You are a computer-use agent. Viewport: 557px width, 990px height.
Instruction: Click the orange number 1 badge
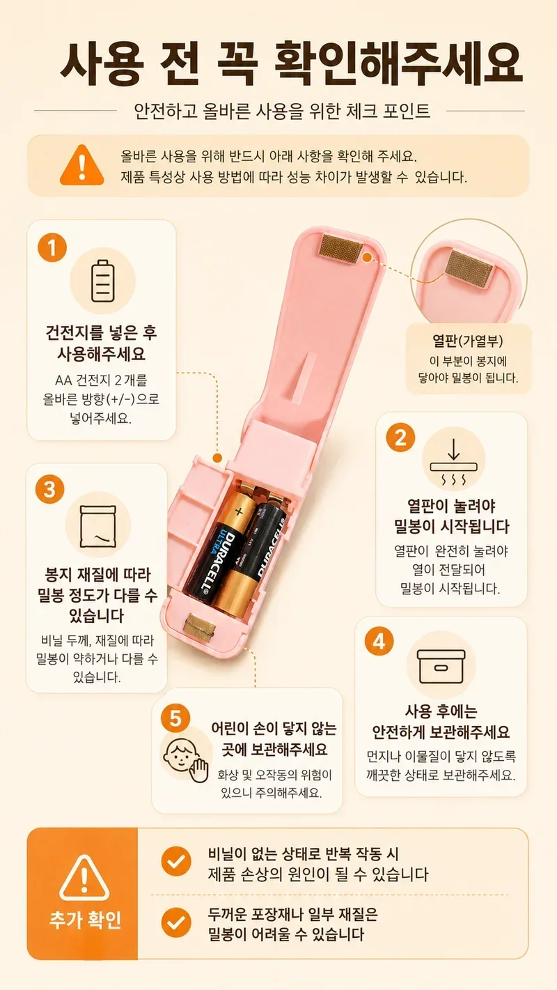tap(52, 247)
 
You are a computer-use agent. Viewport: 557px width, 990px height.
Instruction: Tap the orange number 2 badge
tap(400, 438)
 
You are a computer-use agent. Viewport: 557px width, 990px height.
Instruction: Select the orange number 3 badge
tap(50, 489)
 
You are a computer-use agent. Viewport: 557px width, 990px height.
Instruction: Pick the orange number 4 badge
tap(379, 641)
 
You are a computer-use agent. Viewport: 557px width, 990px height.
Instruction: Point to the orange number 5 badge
tap(175, 718)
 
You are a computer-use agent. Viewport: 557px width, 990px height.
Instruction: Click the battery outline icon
tap(102, 281)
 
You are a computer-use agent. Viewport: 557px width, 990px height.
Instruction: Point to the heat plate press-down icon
tap(454, 463)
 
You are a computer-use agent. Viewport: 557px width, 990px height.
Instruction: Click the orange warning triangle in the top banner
tap(81, 164)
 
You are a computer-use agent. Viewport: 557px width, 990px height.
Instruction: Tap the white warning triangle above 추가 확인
tap(84, 878)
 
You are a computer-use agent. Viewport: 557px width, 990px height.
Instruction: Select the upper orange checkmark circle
tap(175, 861)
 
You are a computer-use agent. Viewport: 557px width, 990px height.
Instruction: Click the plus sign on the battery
tap(239, 512)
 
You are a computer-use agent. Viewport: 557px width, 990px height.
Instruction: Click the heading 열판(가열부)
tap(467, 341)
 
